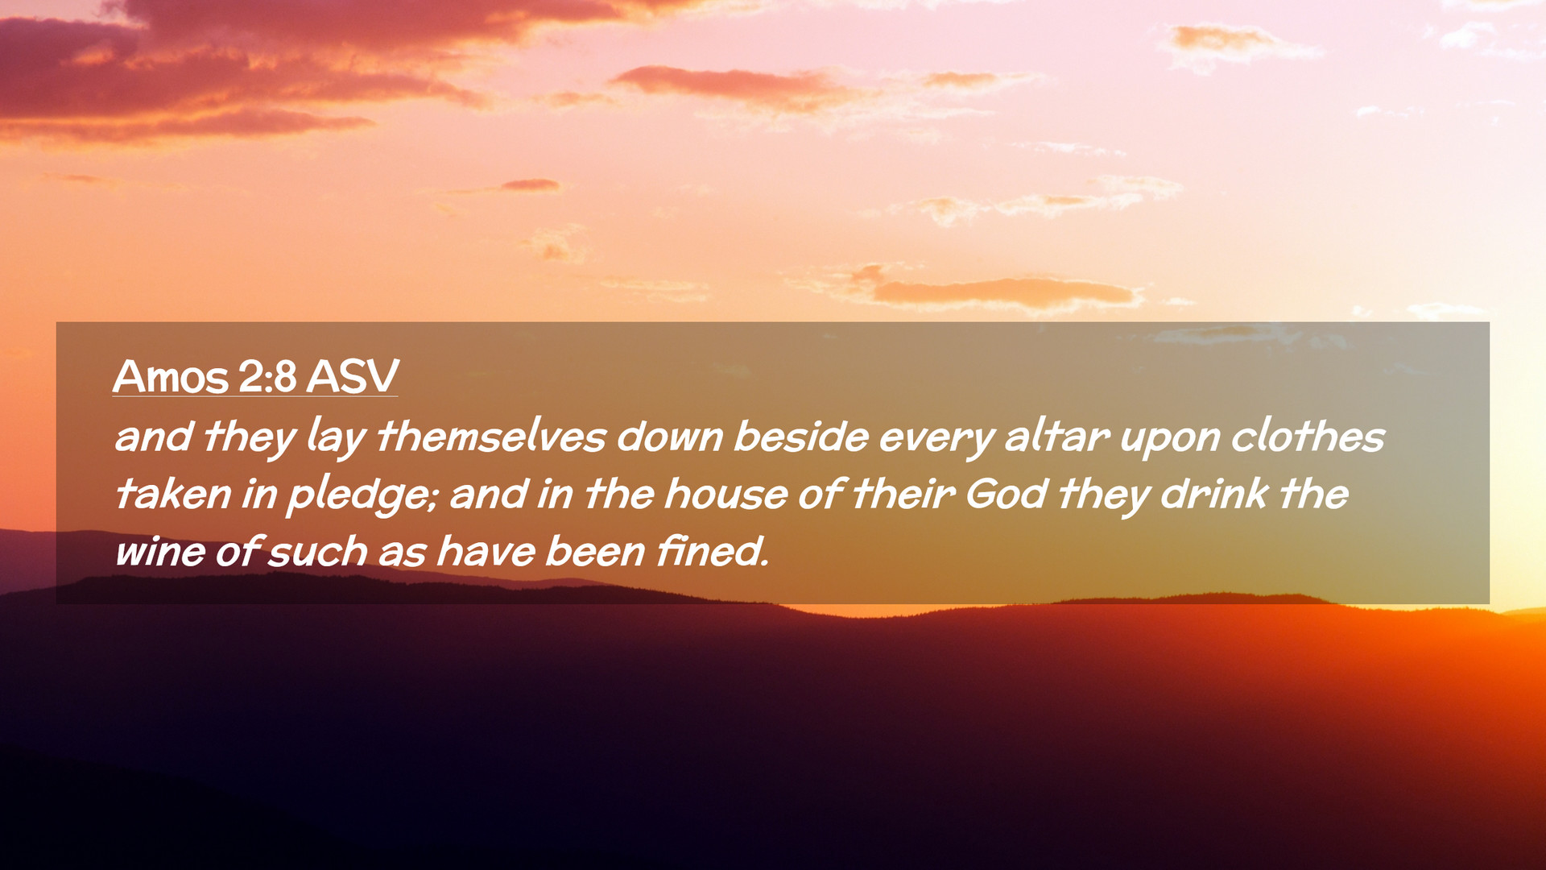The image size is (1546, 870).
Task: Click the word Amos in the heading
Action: (171, 376)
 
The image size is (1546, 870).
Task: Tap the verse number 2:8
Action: (267, 376)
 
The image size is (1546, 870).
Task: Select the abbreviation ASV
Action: (353, 376)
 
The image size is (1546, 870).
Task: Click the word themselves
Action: (491, 437)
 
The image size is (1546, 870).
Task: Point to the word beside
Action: (801, 437)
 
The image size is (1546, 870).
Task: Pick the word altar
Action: (1057, 437)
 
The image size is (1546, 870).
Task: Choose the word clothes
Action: (1308, 437)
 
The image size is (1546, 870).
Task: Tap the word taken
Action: (173, 494)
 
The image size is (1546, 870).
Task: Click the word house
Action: (725, 494)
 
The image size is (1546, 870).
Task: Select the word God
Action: (1006, 494)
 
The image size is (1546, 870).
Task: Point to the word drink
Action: (1214, 494)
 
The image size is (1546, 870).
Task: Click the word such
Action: (317, 552)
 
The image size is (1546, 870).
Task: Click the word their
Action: (903, 494)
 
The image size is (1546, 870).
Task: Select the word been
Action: (595, 552)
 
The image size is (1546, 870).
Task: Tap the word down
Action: (670, 437)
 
